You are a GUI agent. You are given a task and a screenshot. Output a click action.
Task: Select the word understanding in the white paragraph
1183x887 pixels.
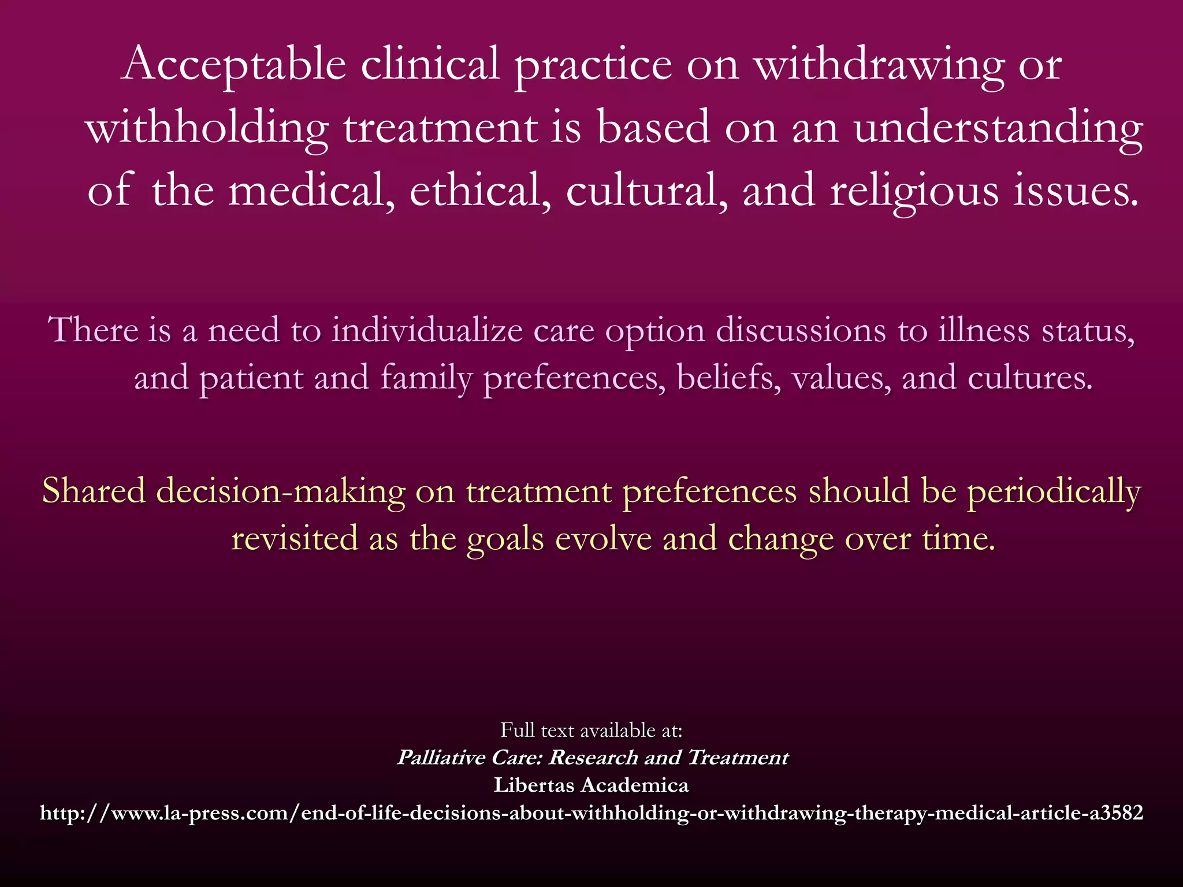click(998, 128)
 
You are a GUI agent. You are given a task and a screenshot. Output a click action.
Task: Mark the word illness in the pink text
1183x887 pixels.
click(984, 330)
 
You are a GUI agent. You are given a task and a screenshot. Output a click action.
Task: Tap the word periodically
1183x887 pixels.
click(1054, 493)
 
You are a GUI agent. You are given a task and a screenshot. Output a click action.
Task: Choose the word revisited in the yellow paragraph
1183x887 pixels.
click(295, 539)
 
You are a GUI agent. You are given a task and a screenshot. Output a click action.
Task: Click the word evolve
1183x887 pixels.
click(602, 539)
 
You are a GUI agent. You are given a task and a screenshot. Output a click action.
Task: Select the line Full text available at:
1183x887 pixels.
click(591, 731)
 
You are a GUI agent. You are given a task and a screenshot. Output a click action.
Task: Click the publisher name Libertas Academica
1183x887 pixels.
click(591, 785)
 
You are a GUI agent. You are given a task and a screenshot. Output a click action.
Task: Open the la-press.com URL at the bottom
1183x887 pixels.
click(591, 813)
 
